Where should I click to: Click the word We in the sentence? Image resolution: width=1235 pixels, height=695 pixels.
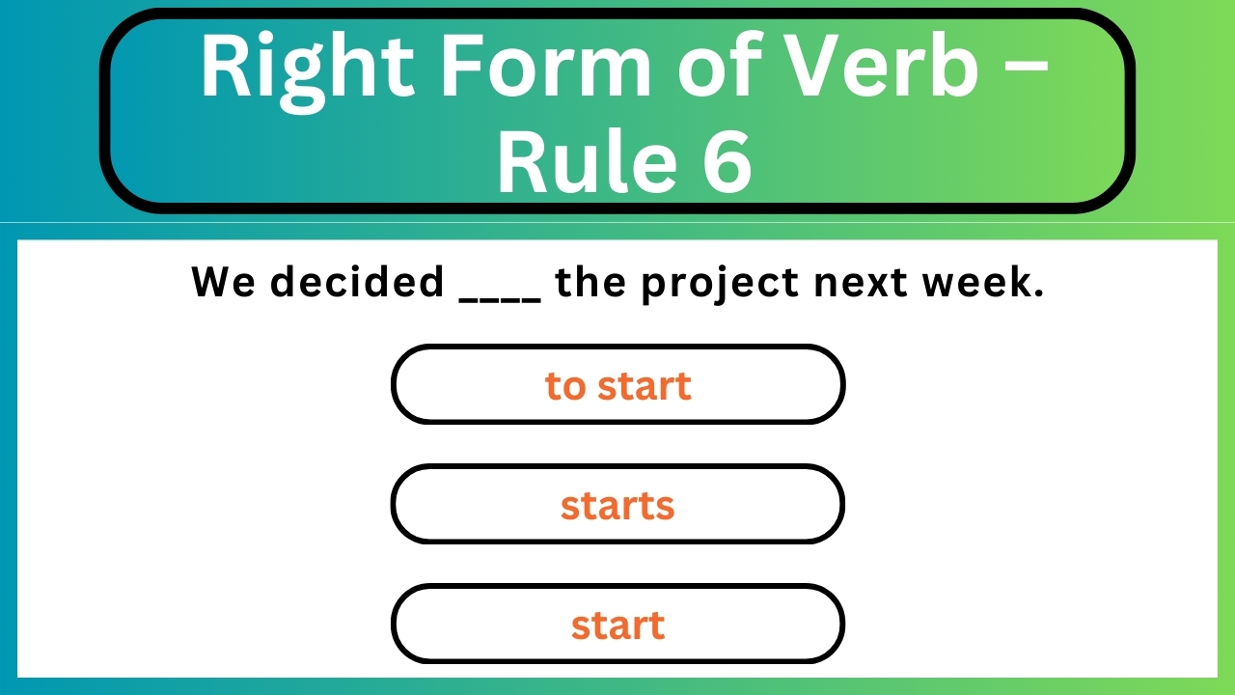223,282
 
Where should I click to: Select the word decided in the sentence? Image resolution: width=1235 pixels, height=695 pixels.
356,282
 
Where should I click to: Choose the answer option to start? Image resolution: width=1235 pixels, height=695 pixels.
617,385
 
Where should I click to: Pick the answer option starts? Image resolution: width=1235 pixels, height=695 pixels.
617,505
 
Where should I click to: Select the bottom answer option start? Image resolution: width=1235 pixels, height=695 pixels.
617,625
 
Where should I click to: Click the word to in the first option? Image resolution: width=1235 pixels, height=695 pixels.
565,386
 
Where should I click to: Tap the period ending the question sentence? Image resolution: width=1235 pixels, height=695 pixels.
1039,293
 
